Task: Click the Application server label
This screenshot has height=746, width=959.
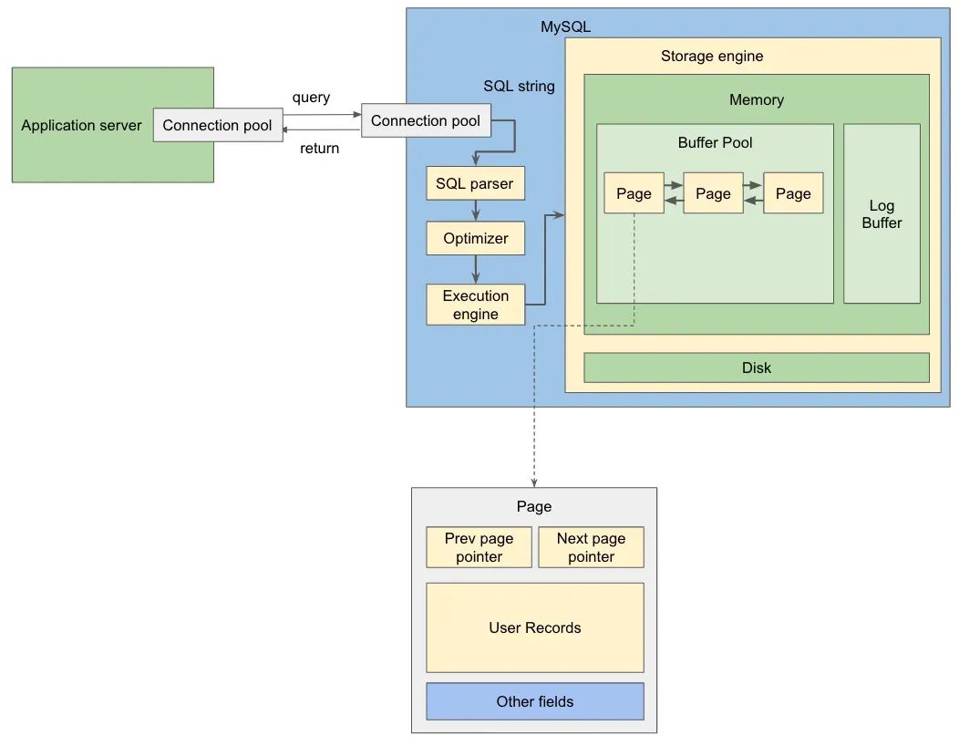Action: [81, 125]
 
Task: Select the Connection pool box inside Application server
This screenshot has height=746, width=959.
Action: [217, 125]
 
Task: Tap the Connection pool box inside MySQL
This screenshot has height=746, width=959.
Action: [426, 120]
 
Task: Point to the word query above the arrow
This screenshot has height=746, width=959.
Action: [311, 97]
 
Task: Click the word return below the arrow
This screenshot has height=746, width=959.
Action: [319, 148]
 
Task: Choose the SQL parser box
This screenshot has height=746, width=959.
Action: [474, 183]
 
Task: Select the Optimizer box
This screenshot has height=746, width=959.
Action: [475, 238]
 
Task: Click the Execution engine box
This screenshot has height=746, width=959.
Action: [475, 305]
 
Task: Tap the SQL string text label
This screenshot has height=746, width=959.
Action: [519, 86]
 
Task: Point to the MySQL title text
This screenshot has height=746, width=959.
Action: [565, 26]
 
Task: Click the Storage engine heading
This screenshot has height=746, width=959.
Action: [712, 56]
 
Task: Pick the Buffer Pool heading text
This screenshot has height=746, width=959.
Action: [715, 142]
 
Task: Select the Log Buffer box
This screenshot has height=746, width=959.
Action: [882, 213]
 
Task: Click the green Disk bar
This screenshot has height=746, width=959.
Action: [756, 368]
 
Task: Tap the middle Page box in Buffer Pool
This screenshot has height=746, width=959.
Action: [713, 193]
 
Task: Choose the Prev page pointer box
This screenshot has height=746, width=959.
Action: [479, 547]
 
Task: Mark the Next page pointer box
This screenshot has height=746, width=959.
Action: [591, 547]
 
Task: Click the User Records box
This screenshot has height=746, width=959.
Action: [534, 627]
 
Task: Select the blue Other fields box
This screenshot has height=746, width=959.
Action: [534, 701]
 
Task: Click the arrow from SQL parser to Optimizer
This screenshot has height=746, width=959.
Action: [475, 211]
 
